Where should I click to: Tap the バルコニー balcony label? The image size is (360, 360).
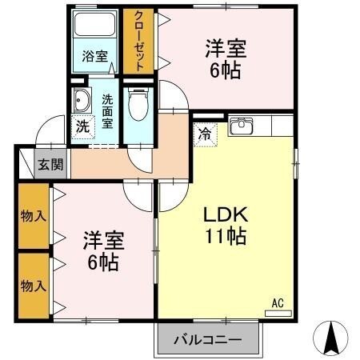(x=208, y=340)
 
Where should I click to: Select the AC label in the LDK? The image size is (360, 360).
(x=278, y=302)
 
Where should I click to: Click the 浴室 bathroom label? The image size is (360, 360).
(x=94, y=56)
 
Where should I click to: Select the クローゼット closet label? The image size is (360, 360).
(x=139, y=42)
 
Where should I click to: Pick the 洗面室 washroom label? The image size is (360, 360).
(x=108, y=111)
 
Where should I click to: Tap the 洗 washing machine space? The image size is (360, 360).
(x=82, y=126)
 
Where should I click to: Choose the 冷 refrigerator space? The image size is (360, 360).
(x=206, y=132)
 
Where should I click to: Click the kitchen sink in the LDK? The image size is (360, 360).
(x=241, y=126)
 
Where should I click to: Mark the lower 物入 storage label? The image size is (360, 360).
(x=32, y=285)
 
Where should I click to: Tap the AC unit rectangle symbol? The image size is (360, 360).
(x=278, y=313)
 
